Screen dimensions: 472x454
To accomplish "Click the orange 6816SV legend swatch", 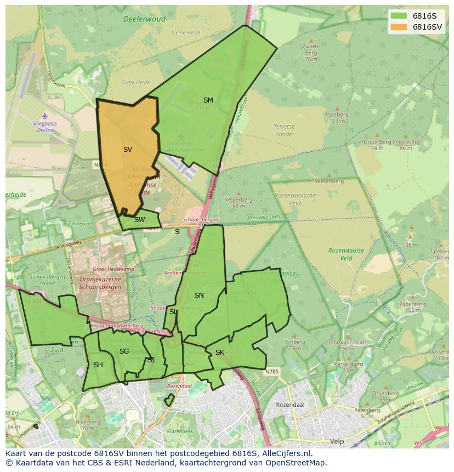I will pos(399,27).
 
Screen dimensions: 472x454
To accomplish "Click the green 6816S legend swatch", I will pos(399,16).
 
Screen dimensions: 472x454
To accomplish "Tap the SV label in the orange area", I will pos(127,149).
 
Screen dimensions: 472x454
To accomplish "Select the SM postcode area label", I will pos(208,100).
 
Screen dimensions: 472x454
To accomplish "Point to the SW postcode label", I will pos(139,220).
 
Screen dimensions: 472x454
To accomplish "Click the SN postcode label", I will pos(199,295).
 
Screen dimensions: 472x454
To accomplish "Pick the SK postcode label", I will pos(219,352).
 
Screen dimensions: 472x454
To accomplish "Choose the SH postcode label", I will pos(98,365).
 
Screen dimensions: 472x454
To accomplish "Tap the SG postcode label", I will pos(124,351).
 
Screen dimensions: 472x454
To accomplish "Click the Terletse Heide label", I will pos(284,129).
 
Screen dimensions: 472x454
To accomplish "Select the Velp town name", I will pos(336,441).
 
